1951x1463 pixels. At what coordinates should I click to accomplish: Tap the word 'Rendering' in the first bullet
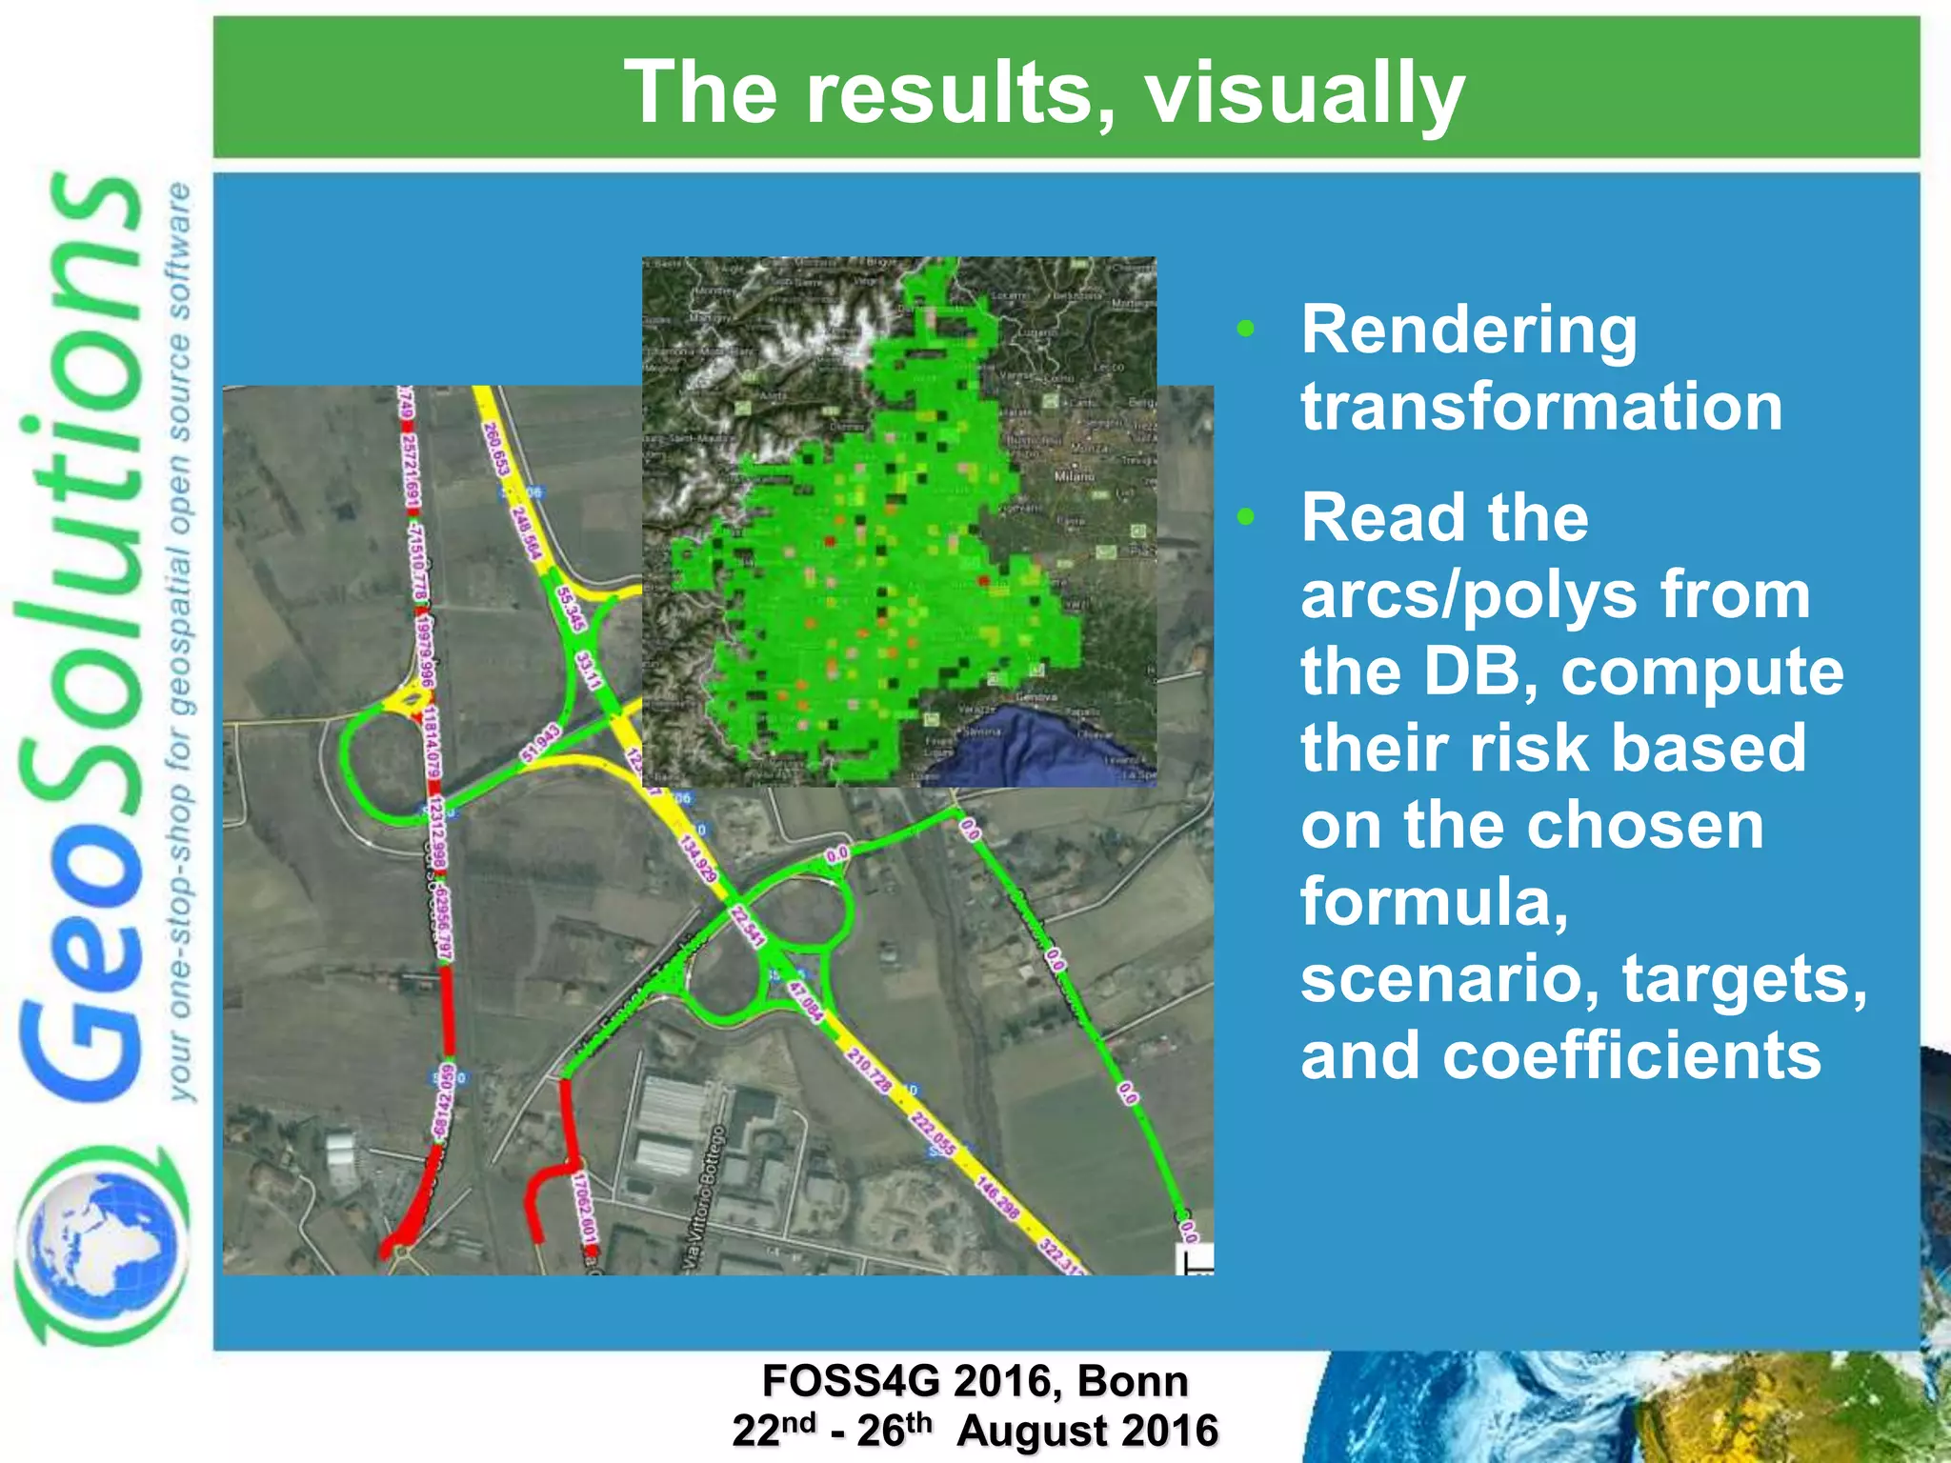[x=1469, y=331]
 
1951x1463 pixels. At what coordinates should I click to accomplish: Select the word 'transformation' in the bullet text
[x=1541, y=407]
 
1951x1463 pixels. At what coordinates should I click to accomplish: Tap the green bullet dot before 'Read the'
[x=1246, y=518]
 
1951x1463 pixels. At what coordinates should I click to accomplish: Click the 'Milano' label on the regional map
[x=1074, y=475]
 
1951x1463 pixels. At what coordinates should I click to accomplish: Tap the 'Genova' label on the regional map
[x=1036, y=696]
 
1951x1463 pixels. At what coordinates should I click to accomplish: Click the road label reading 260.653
[x=496, y=449]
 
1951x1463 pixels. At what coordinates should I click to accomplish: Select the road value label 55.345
[x=569, y=609]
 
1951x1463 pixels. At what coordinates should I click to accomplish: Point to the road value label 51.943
[x=541, y=743]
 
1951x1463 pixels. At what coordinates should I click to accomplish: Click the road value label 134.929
[x=697, y=858]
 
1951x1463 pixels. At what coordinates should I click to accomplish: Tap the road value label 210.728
[x=869, y=1070]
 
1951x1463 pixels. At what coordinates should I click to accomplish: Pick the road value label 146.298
[x=997, y=1197]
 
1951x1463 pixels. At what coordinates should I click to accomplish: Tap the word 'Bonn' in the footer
[x=1133, y=1381]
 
